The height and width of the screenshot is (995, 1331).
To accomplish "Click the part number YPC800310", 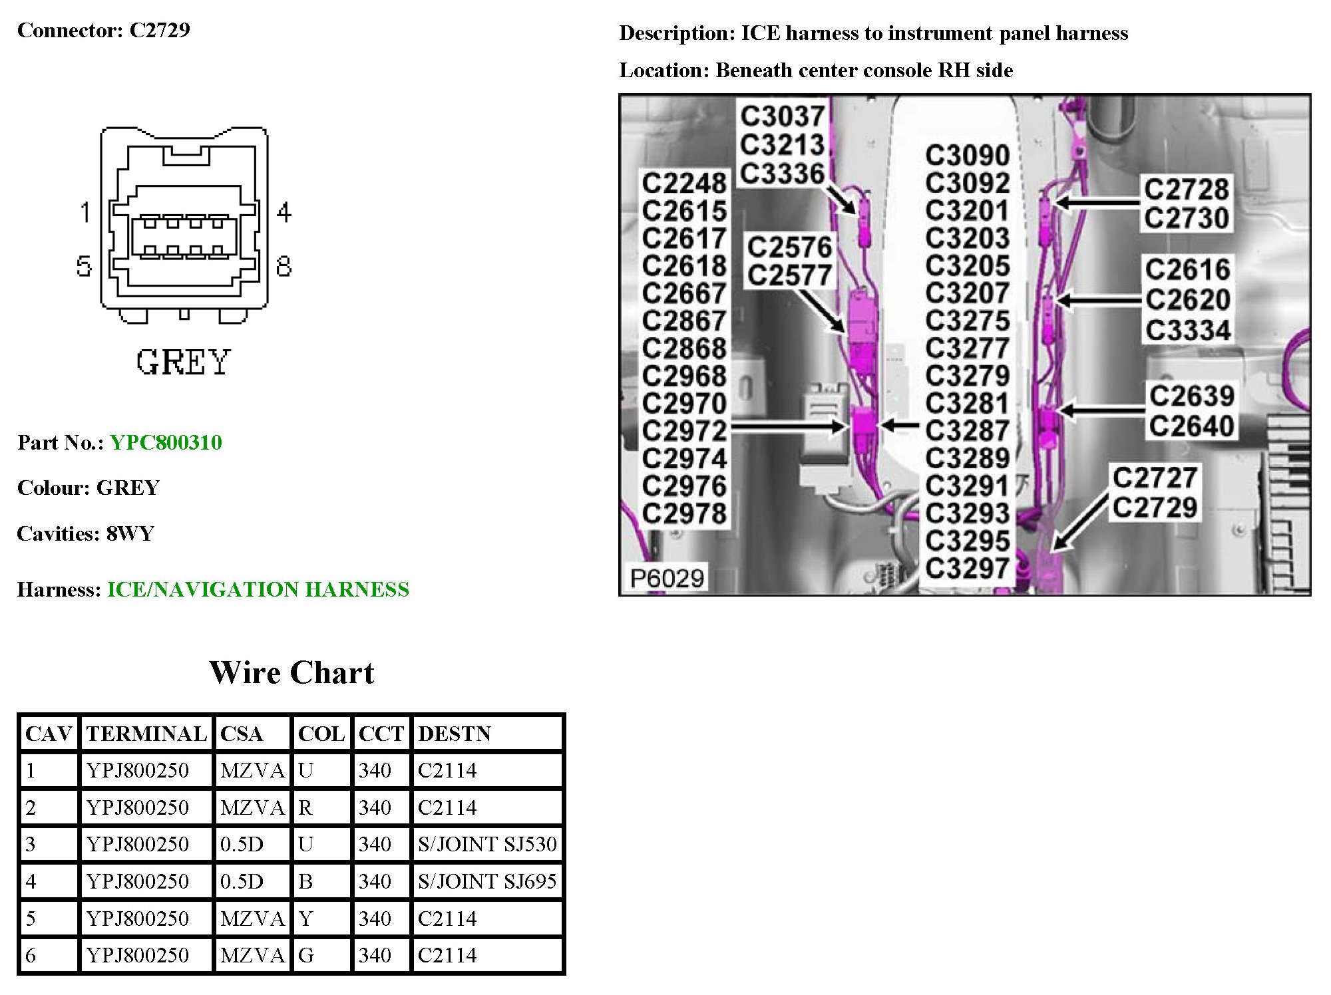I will [166, 442].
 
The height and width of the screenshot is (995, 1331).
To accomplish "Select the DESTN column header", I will [454, 734].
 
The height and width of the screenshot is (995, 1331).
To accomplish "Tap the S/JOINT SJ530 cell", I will [487, 844].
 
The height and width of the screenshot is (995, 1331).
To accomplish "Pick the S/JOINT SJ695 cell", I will [487, 881].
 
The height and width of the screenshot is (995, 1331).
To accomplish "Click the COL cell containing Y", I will [305, 919].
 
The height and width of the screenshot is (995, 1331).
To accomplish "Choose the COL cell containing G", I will [306, 955].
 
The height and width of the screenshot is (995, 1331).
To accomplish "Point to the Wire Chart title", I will [291, 672].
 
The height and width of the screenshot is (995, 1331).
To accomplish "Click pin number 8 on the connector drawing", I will [284, 266].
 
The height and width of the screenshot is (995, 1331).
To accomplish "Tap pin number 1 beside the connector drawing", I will [85, 212].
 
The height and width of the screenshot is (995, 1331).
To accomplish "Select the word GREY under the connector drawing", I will [183, 362].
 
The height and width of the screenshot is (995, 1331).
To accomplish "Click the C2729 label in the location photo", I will [1155, 508].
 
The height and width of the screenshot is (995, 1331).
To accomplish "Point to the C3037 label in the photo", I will [783, 116].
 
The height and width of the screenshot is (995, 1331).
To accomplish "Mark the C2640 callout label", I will [1191, 426].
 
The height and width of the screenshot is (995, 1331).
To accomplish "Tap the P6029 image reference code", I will [667, 579].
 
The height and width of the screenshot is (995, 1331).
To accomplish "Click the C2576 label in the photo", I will [789, 247].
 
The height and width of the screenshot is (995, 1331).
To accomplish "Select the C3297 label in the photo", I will [967, 569].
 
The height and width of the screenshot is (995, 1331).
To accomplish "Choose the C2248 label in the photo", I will [684, 183].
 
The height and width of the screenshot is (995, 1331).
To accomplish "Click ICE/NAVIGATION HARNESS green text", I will [258, 589].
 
